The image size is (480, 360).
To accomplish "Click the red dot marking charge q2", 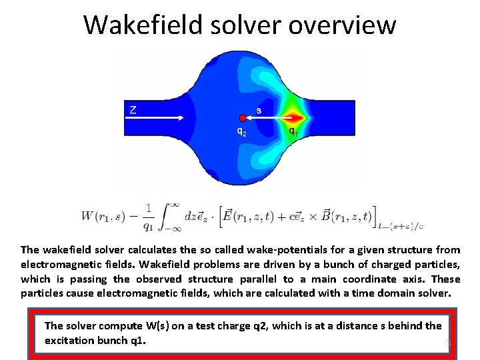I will point(243,118).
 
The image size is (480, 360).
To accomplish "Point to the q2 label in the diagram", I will point(242,131).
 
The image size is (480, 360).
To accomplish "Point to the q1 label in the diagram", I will point(292,131).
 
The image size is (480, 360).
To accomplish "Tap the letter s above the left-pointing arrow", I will point(259,110).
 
